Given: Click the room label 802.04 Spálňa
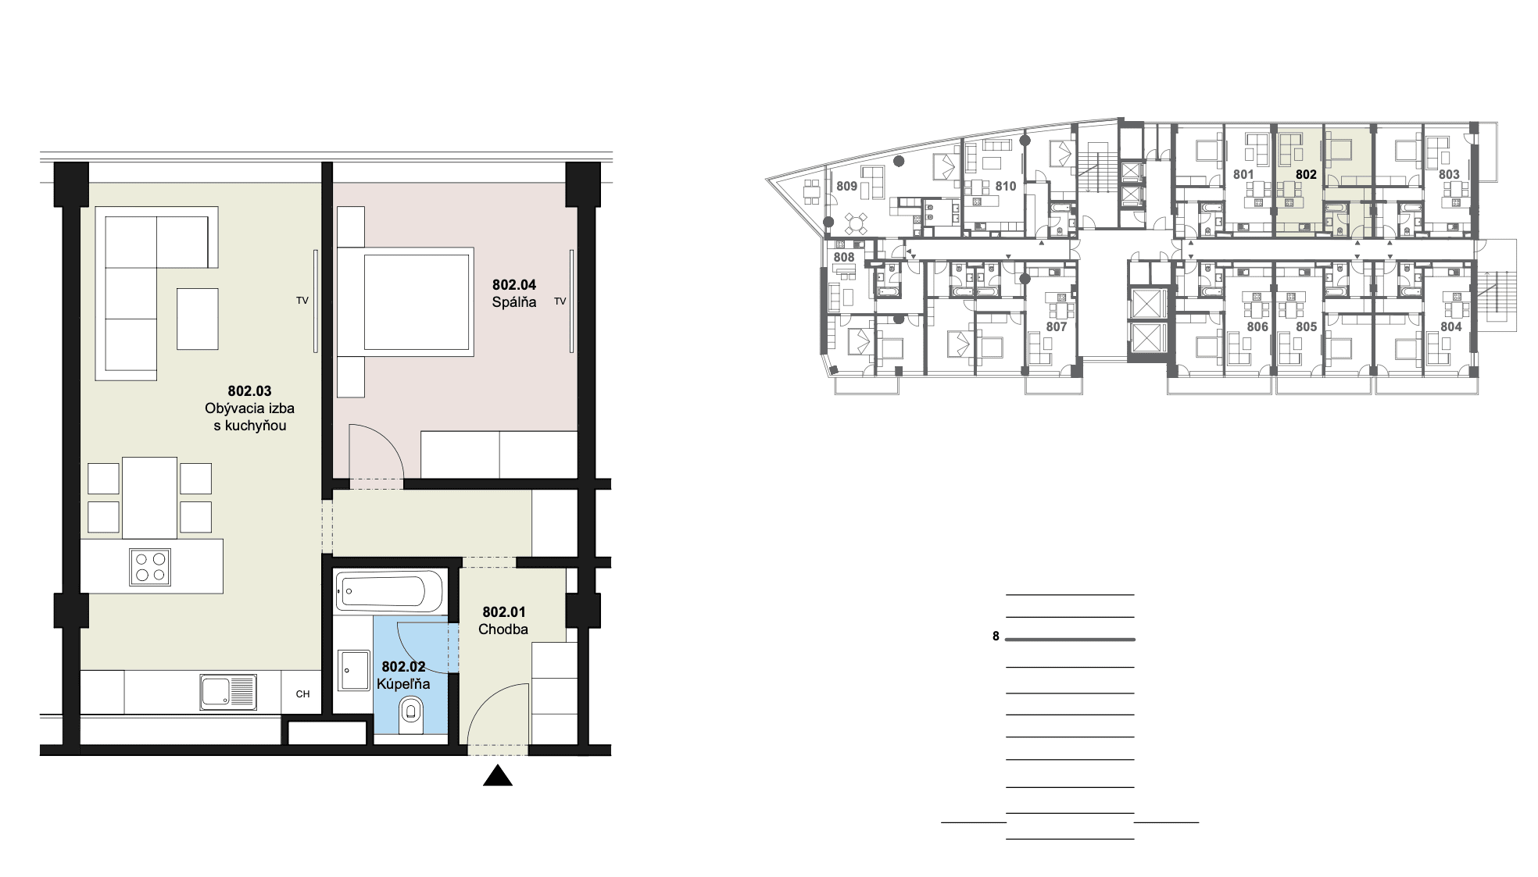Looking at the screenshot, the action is (514, 294).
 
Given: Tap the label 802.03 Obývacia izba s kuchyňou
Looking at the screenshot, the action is (249, 408).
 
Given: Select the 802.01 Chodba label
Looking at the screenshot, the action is (504, 620).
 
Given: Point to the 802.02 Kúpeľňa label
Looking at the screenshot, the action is (403, 675).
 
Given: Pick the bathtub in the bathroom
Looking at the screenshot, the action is (390, 592).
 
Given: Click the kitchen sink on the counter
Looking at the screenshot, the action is (227, 693).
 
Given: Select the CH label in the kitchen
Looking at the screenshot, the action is (302, 694).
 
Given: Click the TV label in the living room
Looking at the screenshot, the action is (302, 301).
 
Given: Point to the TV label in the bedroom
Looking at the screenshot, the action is (560, 301).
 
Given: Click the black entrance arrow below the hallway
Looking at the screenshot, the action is (498, 775).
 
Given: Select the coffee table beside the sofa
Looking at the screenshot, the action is (197, 319).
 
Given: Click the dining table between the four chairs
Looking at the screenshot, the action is (149, 497).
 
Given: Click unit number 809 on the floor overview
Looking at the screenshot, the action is (846, 186).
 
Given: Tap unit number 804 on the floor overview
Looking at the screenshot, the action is (1450, 326).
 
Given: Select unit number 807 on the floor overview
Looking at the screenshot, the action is (1056, 326).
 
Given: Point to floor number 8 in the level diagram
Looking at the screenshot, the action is (996, 636).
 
